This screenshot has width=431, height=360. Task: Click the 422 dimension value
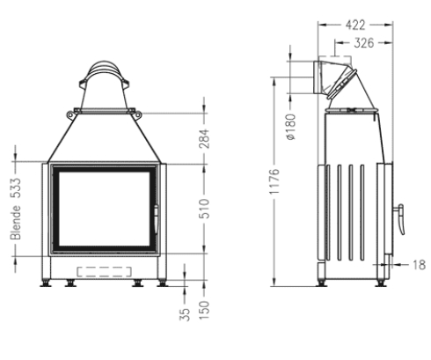point(355,24)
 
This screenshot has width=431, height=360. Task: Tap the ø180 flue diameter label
point(290,129)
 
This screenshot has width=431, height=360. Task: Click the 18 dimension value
point(419,262)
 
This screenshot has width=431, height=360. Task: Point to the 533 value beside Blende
point(16,187)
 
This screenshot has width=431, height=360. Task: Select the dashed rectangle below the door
point(103,269)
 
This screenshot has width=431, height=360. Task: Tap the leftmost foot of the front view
point(46,284)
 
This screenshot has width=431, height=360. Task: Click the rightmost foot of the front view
point(161,284)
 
